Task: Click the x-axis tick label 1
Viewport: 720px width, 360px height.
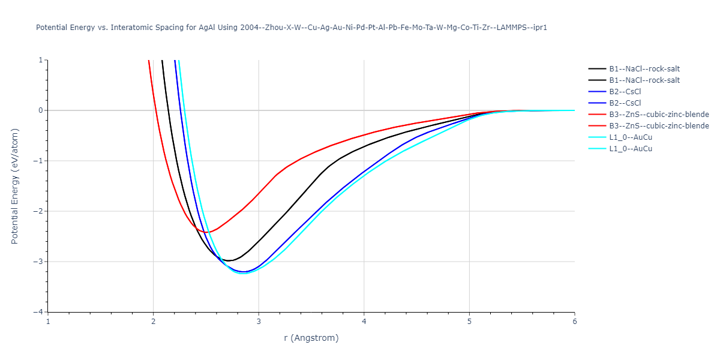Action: click(48, 321)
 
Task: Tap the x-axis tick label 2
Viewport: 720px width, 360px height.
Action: click(154, 321)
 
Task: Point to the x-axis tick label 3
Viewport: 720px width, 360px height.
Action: click(259, 321)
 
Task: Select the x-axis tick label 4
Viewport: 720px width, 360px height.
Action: click(364, 321)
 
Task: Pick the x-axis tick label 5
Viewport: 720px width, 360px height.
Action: click(469, 321)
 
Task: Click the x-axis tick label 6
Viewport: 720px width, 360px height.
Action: click(575, 321)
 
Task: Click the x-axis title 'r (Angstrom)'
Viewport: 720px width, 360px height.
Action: click(311, 338)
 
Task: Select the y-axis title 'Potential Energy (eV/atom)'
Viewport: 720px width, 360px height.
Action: click(16, 186)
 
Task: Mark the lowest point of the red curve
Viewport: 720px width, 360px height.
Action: click(206, 232)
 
